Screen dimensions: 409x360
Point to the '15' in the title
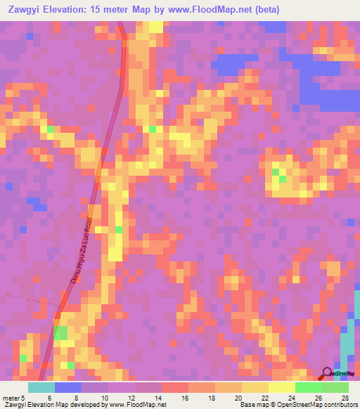coord(109,10)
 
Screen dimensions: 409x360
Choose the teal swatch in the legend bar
coord(41,387)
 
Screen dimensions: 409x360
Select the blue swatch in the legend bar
coord(68,387)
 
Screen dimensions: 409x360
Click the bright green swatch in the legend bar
coord(309,387)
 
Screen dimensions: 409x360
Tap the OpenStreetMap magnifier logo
coord(328,373)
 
